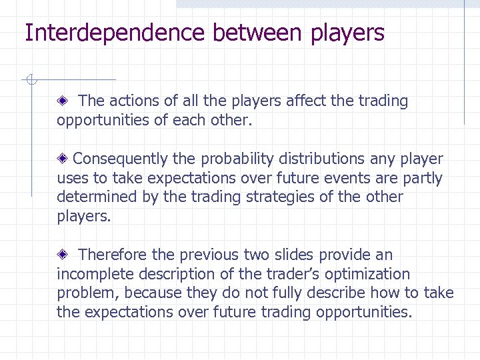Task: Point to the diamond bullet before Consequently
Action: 63,159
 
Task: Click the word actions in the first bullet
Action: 132,101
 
